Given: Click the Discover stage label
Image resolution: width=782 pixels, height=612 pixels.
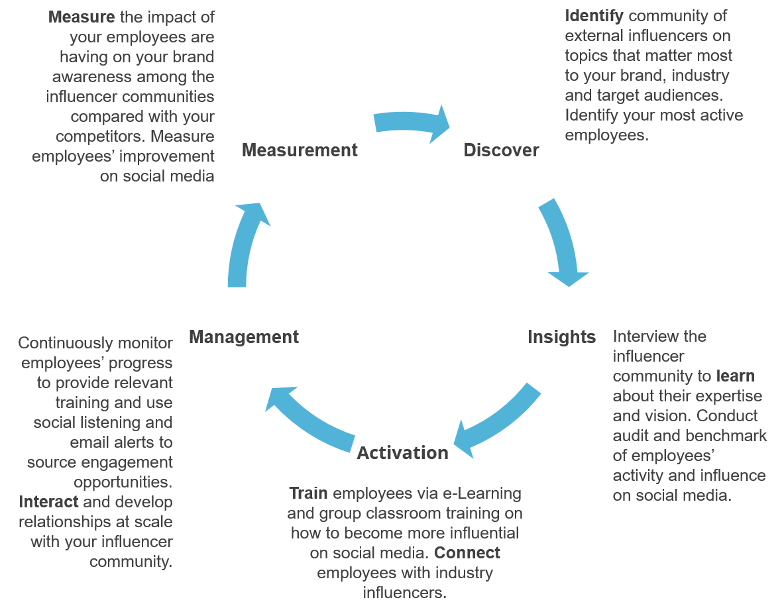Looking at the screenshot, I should [x=501, y=150].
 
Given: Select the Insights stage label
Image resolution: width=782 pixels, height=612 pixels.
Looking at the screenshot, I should [x=561, y=337].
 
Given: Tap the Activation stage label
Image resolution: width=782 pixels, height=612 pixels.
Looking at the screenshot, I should [x=402, y=453].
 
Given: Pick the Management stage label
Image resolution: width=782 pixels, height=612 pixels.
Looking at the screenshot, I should [x=244, y=337].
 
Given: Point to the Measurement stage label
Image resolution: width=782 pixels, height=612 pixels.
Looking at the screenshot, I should [x=300, y=150].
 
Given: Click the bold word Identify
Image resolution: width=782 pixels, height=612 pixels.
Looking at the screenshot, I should [x=594, y=15].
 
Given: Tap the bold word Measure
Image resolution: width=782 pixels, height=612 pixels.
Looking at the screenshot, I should [x=82, y=17].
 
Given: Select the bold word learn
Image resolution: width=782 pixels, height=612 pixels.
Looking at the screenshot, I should [x=735, y=376].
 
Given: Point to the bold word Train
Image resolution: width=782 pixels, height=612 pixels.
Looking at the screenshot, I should [x=308, y=493].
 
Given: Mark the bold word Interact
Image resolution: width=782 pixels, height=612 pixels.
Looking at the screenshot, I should [x=49, y=501].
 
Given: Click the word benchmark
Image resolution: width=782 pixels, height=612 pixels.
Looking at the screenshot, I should [x=726, y=436].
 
